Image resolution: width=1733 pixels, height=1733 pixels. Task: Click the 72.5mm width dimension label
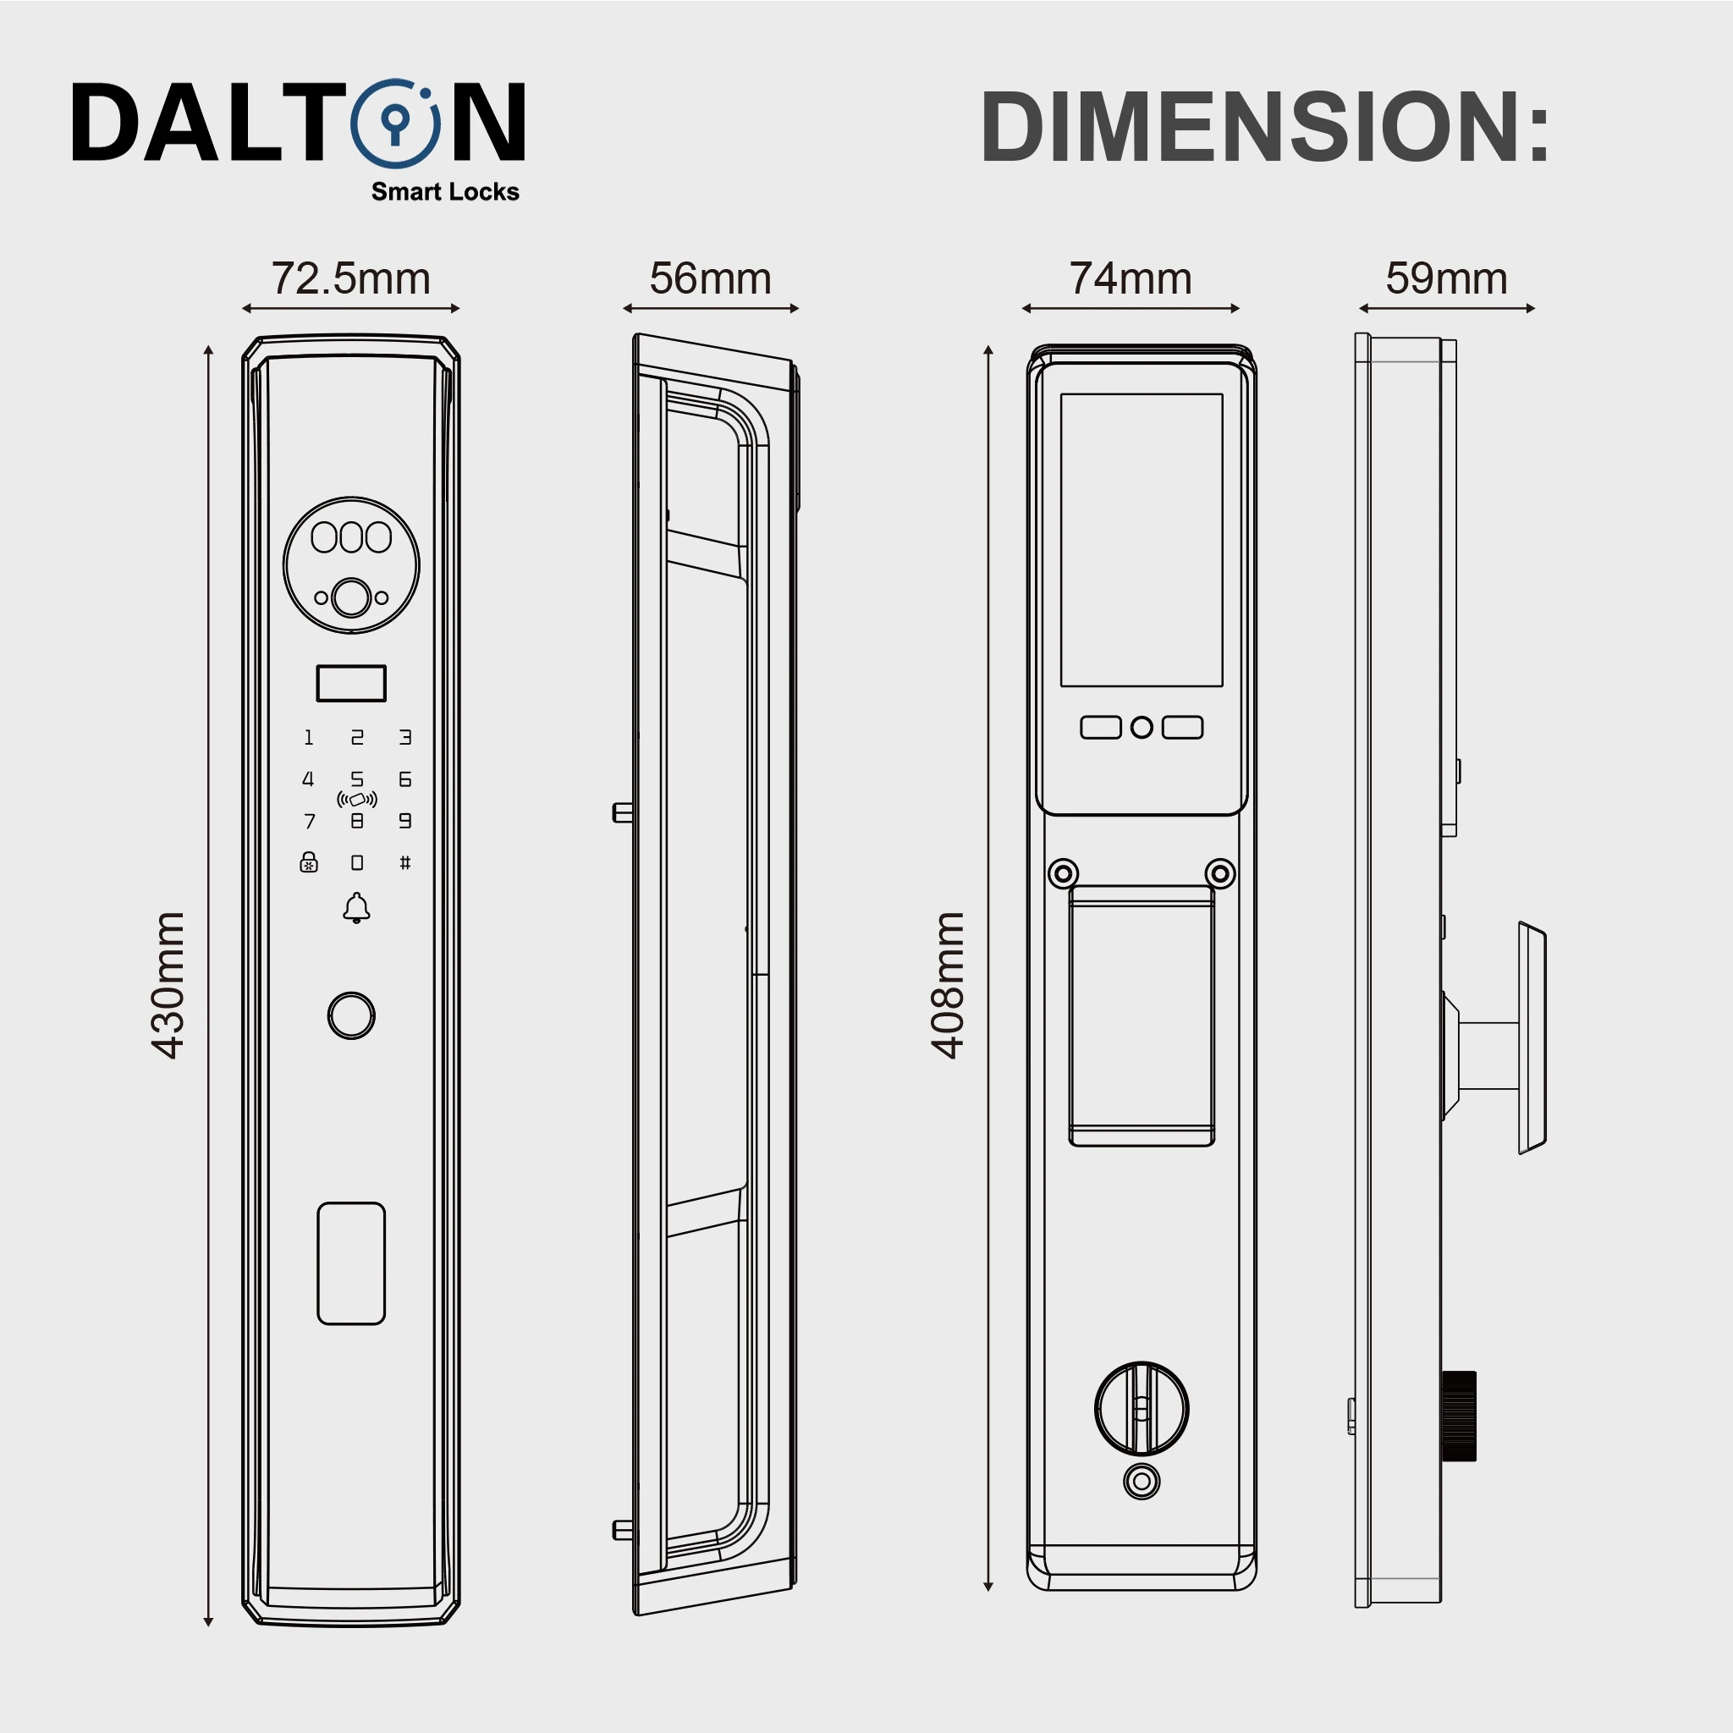click(x=350, y=279)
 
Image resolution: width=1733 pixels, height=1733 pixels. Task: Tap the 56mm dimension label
click(x=711, y=279)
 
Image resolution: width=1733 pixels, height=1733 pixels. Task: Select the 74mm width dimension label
click(x=1131, y=279)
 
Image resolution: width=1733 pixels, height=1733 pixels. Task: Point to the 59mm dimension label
click(x=1446, y=279)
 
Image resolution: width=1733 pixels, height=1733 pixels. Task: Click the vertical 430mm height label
click(x=168, y=985)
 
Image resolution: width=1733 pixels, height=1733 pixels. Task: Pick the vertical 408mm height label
click(x=947, y=985)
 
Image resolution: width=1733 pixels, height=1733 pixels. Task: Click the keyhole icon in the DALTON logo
click(x=394, y=124)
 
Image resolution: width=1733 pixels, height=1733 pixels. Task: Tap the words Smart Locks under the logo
click(x=445, y=192)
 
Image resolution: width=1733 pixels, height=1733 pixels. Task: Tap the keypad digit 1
click(x=309, y=737)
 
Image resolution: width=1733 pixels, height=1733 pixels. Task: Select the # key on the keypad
click(x=405, y=863)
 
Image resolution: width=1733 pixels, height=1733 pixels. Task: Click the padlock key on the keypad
click(x=309, y=862)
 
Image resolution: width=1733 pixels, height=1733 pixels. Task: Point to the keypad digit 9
click(x=405, y=821)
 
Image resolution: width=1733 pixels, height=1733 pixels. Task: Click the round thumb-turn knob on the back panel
click(x=1142, y=1409)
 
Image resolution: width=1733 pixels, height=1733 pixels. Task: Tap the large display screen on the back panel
click(x=1142, y=540)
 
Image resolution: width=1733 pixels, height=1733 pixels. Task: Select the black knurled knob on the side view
click(x=1458, y=1417)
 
